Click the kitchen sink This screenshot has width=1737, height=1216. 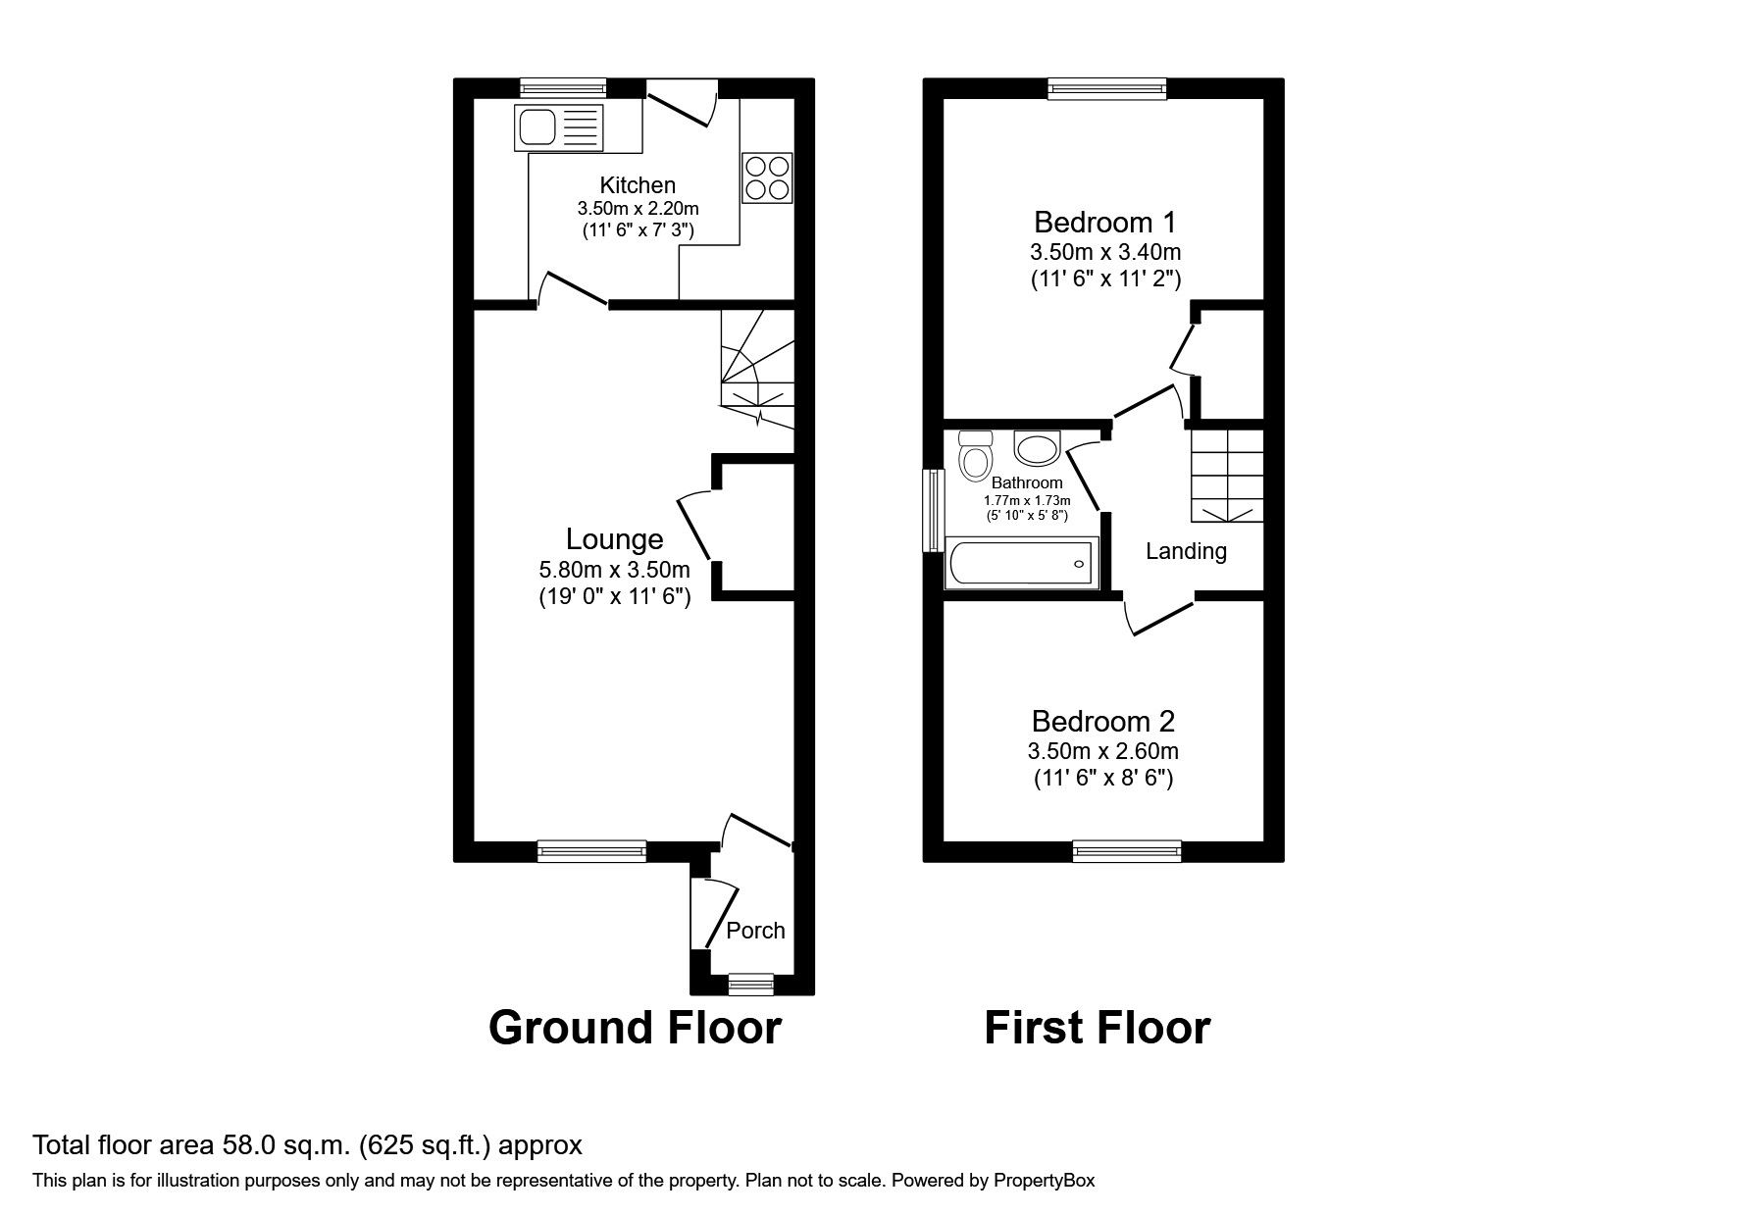tap(557, 127)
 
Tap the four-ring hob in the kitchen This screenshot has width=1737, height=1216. tap(767, 177)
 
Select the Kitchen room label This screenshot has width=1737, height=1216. tap(638, 185)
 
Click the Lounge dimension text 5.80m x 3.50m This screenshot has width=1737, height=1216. tap(614, 570)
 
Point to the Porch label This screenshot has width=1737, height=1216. tap(755, 931)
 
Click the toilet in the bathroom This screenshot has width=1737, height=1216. tap(975, 456)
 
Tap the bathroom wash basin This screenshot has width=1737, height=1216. tap(1036, 449)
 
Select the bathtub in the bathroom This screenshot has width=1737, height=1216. tap(1021, 564)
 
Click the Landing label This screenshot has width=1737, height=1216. tap(1186, 551)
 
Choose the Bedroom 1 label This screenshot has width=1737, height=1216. tap(1104, 221)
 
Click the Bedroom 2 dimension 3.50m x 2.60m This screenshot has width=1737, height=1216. tap(1102, 752)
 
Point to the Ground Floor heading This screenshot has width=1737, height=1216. tap(635, 1028)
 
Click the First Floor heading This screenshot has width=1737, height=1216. tap(1097, 1028)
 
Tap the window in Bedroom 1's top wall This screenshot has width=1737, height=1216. tap(1107, 89)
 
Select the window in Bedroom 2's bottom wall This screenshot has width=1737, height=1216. tap(1127, 851)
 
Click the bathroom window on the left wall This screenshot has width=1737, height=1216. tap(933, 511)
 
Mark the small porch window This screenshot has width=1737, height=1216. tap(751, 984)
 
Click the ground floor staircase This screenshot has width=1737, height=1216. tap(756, 369)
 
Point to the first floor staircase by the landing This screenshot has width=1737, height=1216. tap(1226, 475)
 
